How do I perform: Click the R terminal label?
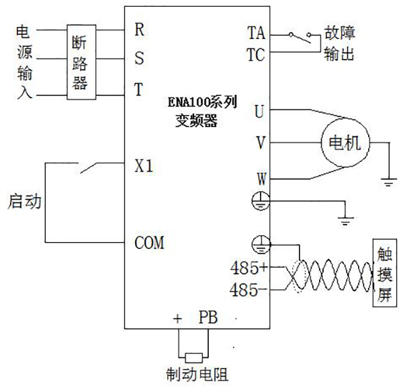click(139, 30)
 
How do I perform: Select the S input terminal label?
click(139, 58)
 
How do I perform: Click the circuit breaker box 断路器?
click(79, 63)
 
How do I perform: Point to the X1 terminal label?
click(144, 165)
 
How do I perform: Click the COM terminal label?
click(150, 241)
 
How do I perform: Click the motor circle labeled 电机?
click(343, 143)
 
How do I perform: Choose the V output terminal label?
click(259, 143)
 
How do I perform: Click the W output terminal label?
click(259, 178)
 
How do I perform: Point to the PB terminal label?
click(207, 317)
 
